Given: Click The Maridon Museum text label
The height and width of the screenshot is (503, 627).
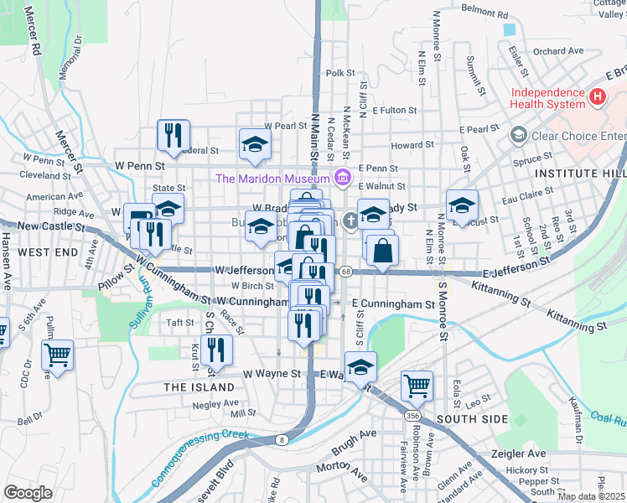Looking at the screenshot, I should click(x=272, y=178).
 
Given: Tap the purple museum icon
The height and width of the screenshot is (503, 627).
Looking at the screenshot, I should click(x=342, y=178).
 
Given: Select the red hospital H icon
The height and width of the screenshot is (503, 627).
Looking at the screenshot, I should click(x=597, y=97).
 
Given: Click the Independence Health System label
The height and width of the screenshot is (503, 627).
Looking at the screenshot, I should click(x=547, y=98).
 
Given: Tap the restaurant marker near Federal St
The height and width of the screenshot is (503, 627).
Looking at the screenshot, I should click(x=174, y=134).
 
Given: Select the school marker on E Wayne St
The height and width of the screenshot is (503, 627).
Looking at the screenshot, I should click(x=360, y=367).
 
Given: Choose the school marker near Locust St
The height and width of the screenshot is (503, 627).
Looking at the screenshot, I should click(x=462, y=205).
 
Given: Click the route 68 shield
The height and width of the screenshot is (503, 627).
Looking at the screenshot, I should click(x=345, y=271).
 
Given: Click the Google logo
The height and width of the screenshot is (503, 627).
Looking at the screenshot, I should click(x=28, y=492).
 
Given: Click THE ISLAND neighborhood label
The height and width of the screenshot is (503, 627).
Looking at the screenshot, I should click(x=199, y=387).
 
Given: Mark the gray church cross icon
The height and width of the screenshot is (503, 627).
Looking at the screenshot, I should click(x=350, y=218).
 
